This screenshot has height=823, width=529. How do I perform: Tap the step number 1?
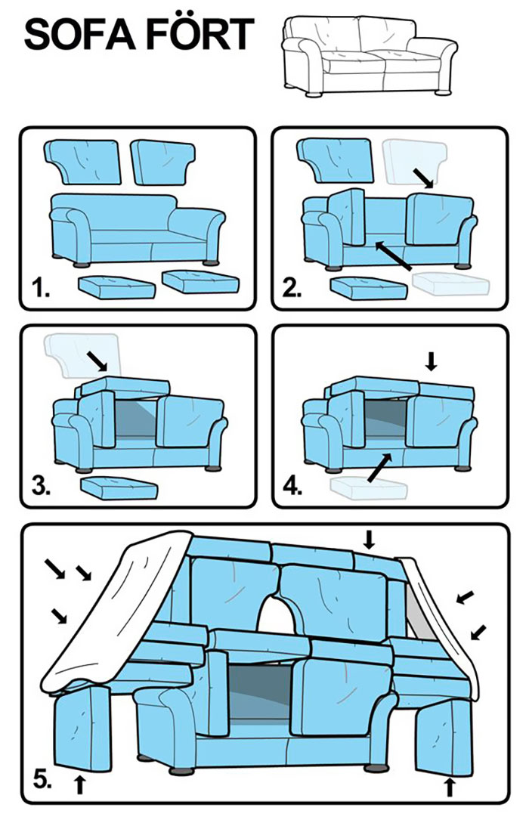pyautogui.click(x=41, y=288)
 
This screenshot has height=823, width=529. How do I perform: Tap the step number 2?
pyautogui.click(x=292, y=288)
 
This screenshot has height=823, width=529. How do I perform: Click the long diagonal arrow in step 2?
pyautogui.click(x=394, y=255)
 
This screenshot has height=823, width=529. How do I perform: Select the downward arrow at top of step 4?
pyautogui.click(x=431, y=361)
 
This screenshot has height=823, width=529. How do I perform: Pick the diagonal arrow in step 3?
pyautogui.click(x=97, y=360)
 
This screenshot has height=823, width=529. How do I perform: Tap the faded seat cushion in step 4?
pyautogui.click(x=369, y=487)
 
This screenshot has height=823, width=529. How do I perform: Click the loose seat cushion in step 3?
pyautogui.click(x=119, y=487)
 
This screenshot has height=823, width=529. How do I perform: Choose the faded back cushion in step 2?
pyautogui.click(x=415, y=161)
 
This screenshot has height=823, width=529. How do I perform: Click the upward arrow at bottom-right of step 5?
pyautogui.click(x=448, y=786)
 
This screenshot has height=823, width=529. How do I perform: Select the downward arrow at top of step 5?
pyautogui.click(x=370, y=539)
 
